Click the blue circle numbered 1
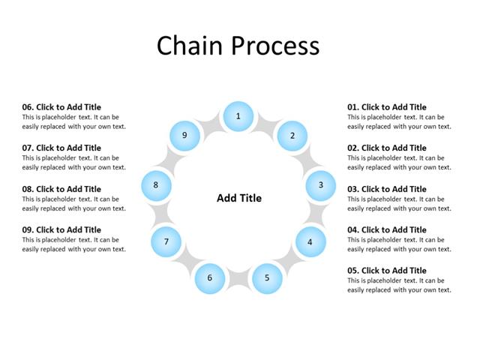[238, 116]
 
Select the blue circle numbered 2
[292, 136]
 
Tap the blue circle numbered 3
[320, 185]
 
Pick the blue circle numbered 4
[310, 241]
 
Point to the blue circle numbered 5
[267, 278]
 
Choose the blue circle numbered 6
[210, 278]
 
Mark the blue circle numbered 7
[166, 241]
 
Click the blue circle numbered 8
[156, 185]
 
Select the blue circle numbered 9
[184, 136]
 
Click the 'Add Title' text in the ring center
[239, 198]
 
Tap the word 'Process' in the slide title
[274, 46]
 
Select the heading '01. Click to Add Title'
[386, 107]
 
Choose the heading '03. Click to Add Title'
[386, 189]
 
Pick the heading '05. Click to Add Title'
[386, 271]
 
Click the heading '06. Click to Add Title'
[61, 107]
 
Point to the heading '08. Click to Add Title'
[61, 189]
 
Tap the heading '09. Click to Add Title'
[61, 229]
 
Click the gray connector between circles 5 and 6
[238, 281]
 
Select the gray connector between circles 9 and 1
[210, 124]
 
